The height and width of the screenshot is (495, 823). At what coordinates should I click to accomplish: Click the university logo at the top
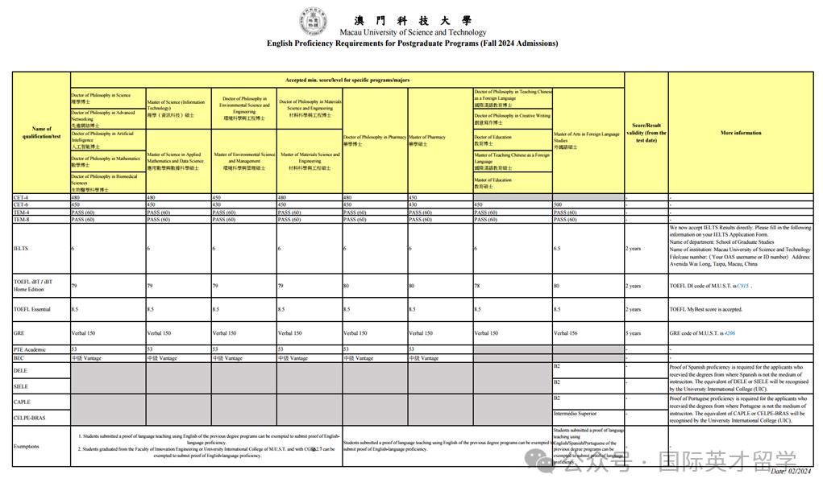(314, 22)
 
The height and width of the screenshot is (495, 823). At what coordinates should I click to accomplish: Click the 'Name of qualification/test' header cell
(41, 132)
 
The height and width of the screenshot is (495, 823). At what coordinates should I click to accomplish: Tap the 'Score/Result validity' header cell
(646, 133)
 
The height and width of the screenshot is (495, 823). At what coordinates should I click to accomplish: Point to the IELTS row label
(22, 249)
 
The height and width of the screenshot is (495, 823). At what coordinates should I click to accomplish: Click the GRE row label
(19, 332)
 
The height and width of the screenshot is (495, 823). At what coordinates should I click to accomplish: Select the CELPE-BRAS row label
(29, 418)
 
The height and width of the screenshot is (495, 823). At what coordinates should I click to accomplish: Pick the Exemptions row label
(27, 446)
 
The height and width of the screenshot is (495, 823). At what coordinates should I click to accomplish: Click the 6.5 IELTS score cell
(558, 249)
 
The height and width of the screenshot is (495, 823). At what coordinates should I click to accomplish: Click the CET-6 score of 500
(558, 204)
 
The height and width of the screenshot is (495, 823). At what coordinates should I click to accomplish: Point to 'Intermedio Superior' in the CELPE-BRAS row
(576, 414)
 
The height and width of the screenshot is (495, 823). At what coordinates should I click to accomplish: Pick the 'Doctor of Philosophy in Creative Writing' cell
(512, 119)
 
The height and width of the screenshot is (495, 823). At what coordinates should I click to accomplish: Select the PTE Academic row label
(30, 349)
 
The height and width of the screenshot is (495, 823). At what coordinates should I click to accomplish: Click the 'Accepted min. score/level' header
(347, 80)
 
